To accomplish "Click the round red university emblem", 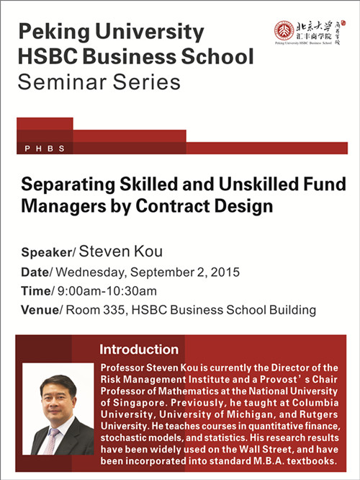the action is tap(284, 30).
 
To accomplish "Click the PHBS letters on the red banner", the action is tap(45, 148).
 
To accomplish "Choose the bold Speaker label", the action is tap(47, 252).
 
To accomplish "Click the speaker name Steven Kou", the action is tap(121, 252).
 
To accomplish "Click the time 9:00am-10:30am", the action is tap(107, 291).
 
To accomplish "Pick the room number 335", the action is tap(114, 310).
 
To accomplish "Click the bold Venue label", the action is tap(40, 310).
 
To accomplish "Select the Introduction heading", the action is tap(139, 350).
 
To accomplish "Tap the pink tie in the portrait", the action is tap(51, 441).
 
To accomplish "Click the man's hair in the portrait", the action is tap(58, 382).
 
